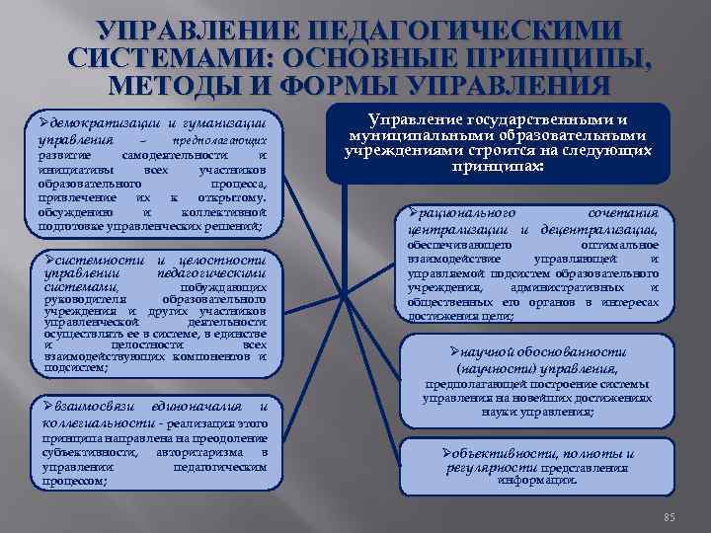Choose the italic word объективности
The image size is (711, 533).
coord(500,453)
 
